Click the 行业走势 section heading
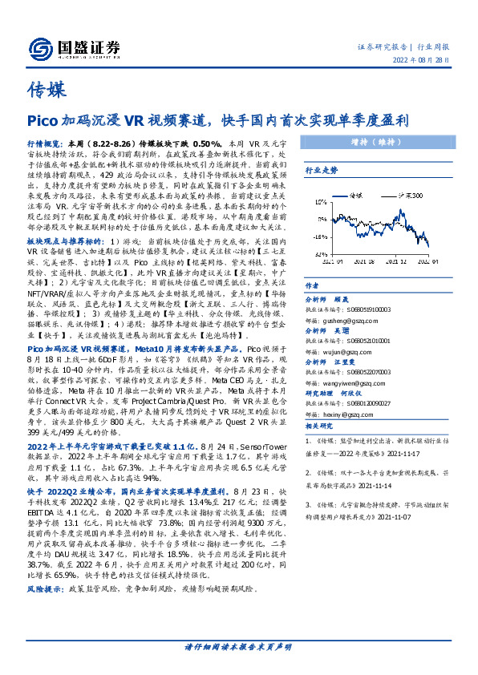coord(320,171)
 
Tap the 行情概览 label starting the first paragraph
coord(44,142)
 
